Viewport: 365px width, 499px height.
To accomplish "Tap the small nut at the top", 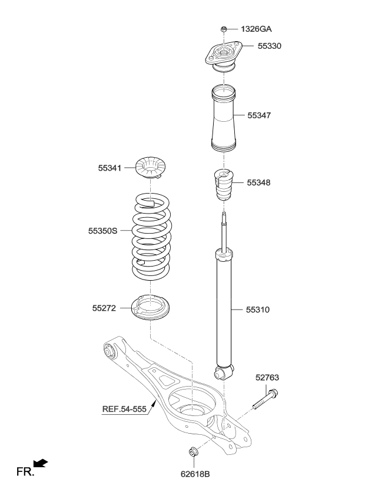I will [x=224, y=29].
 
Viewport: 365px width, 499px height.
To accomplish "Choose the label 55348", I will [x=259, y=183].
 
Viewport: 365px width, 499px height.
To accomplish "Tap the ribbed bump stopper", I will [x=223, y=185].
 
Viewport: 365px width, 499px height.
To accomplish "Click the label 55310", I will [x=259, y=308].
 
